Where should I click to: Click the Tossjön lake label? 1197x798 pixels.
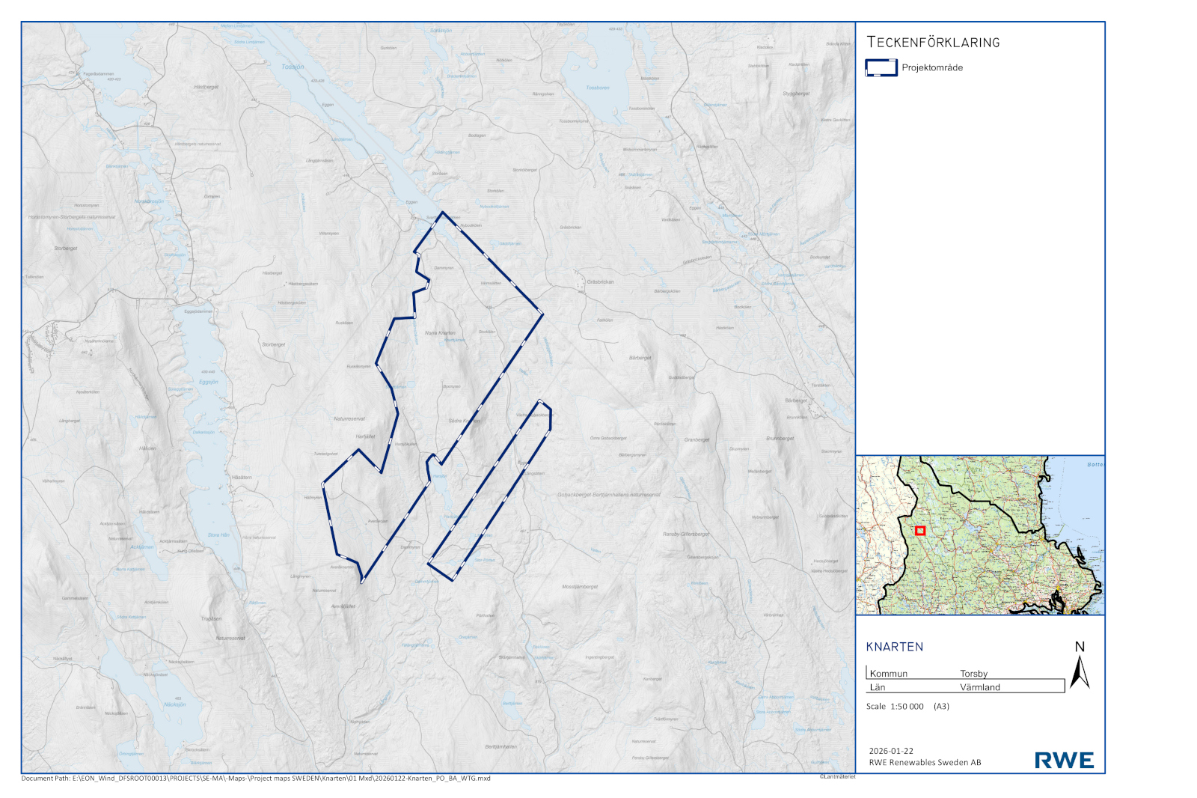click(293, 67)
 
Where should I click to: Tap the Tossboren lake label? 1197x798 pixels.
click(597, 88)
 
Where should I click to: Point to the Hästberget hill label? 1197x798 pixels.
click(206, 87)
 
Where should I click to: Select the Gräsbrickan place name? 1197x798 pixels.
click(600, 282)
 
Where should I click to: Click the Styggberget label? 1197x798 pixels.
click(796, 94)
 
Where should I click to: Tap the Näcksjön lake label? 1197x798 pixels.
click(174, 704)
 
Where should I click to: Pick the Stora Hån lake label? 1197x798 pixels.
click(218, 535)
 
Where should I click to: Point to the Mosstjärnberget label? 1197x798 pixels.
click(580, 587)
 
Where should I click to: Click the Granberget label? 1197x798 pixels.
click(697, 440)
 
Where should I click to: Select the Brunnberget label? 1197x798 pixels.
click(780, 439)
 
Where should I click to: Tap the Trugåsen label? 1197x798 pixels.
click(211, 619)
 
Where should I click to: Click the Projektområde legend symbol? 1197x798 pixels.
click(881, 67)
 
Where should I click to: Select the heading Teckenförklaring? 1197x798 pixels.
click(933, 43)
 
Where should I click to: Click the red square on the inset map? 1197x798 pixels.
click(920, 531)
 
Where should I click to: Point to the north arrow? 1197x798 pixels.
click(1080, 666)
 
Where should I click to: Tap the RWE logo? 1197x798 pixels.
click(1064, 761)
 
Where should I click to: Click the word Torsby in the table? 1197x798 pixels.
click(973, 674)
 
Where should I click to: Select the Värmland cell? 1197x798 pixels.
click(979, 687)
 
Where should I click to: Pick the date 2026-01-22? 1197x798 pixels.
click(891, 751)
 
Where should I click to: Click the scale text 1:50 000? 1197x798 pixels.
click(907, 707)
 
